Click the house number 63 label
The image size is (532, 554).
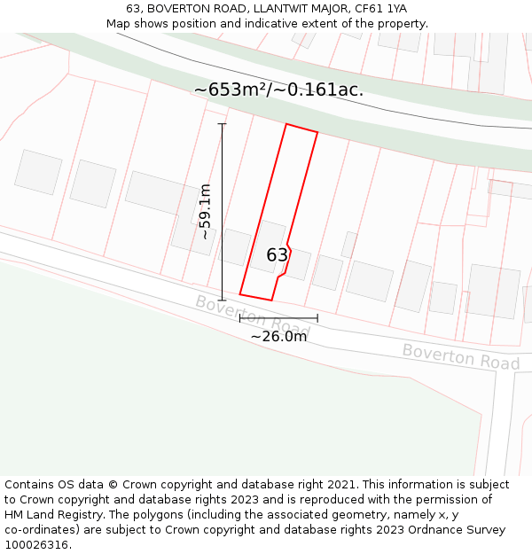click(277, 255)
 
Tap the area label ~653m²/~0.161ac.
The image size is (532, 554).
click(278, 90)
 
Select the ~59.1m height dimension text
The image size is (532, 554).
click(205, 212)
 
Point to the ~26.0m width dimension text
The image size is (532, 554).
click(278, 336)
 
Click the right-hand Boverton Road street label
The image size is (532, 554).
click(461, 356)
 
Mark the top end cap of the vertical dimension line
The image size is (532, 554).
click(223, 124)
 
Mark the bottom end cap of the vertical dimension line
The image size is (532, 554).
click(223, 300)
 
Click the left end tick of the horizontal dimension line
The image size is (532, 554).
click(240, 317)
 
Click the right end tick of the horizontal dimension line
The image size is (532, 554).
click(317, 317)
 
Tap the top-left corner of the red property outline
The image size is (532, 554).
click(286, 124)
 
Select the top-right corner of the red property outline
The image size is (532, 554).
click(317, 132)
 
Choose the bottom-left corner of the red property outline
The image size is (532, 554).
click(240, 294)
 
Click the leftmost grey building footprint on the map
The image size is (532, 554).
click(38, 172)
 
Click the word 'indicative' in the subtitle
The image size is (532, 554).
click(307, 23)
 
